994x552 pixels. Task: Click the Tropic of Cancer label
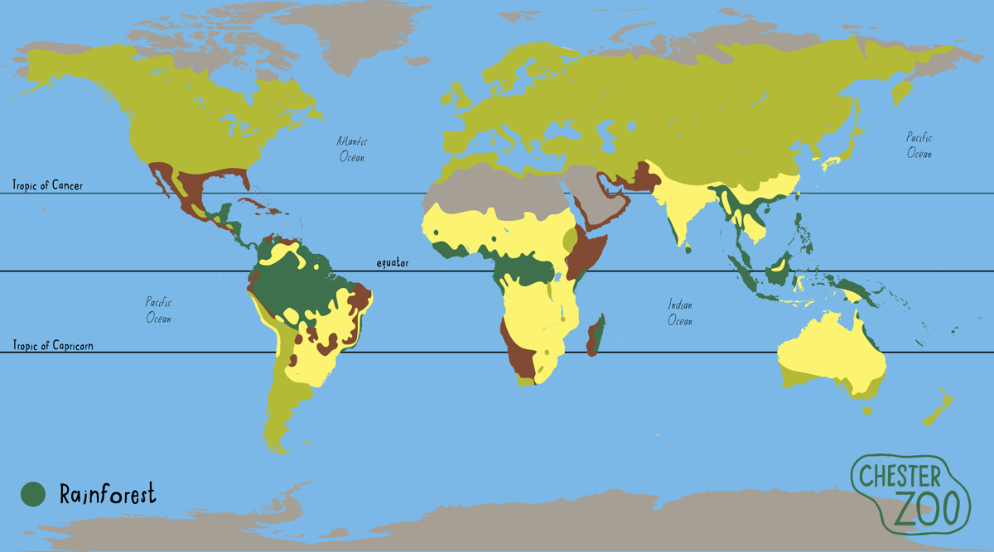pos(47,185)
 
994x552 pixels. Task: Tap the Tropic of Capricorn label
pos(52,345)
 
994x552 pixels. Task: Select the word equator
pos(393,263)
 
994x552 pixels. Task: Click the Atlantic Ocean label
pos(350,149)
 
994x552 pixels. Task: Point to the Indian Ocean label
pos(680,313)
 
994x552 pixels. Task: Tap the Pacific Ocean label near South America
pos(158,310)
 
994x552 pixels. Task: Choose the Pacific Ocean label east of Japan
pos(919,146)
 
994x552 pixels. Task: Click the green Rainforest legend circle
pos(32,495)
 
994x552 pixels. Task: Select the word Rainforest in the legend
pos(107,495)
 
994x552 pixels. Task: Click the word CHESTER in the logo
pos(899,476)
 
